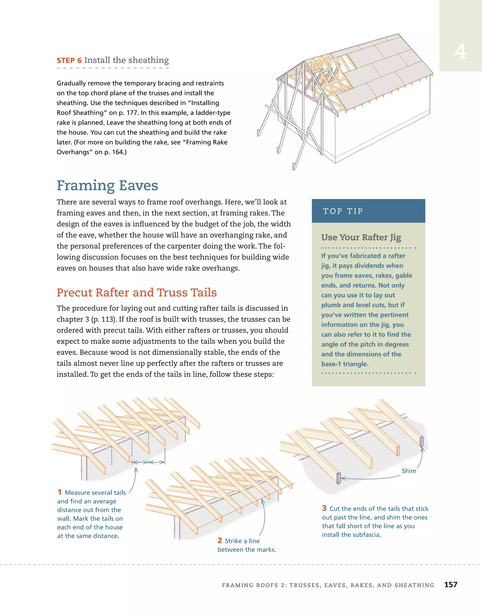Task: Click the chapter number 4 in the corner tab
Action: pos(460,52)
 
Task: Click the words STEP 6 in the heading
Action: pos(69,61)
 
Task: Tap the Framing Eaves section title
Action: pos(107,186)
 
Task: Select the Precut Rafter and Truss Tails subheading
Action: pos(137,292)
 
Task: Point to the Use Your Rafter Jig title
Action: pos(361,237)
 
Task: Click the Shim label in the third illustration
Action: pos(409,471)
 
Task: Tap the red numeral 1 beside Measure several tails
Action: pos(60,492)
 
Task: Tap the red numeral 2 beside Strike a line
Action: pos(220,540)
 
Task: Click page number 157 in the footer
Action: pos(451,585)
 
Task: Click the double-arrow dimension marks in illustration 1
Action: pos(148,462)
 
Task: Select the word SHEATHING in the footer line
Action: pos(414,585)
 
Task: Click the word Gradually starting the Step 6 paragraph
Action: pos(71,83)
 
